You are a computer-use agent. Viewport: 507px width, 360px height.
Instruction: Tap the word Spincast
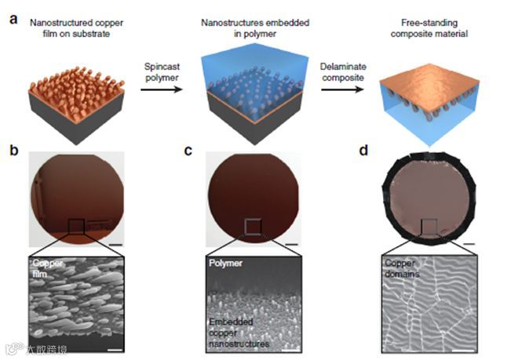pyautogui.click(x=160, y=69)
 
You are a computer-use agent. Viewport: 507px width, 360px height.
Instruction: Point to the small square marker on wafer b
pyautogui.click(x=77, y=227)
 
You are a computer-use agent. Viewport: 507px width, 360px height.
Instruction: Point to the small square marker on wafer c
pyautogui.click(x=252, y=227)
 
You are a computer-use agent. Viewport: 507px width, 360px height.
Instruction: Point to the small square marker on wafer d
pyautogui.click(x=428, y=227)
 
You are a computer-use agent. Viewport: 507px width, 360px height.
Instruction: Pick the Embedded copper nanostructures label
pyautogui.click(x=238, y=333)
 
